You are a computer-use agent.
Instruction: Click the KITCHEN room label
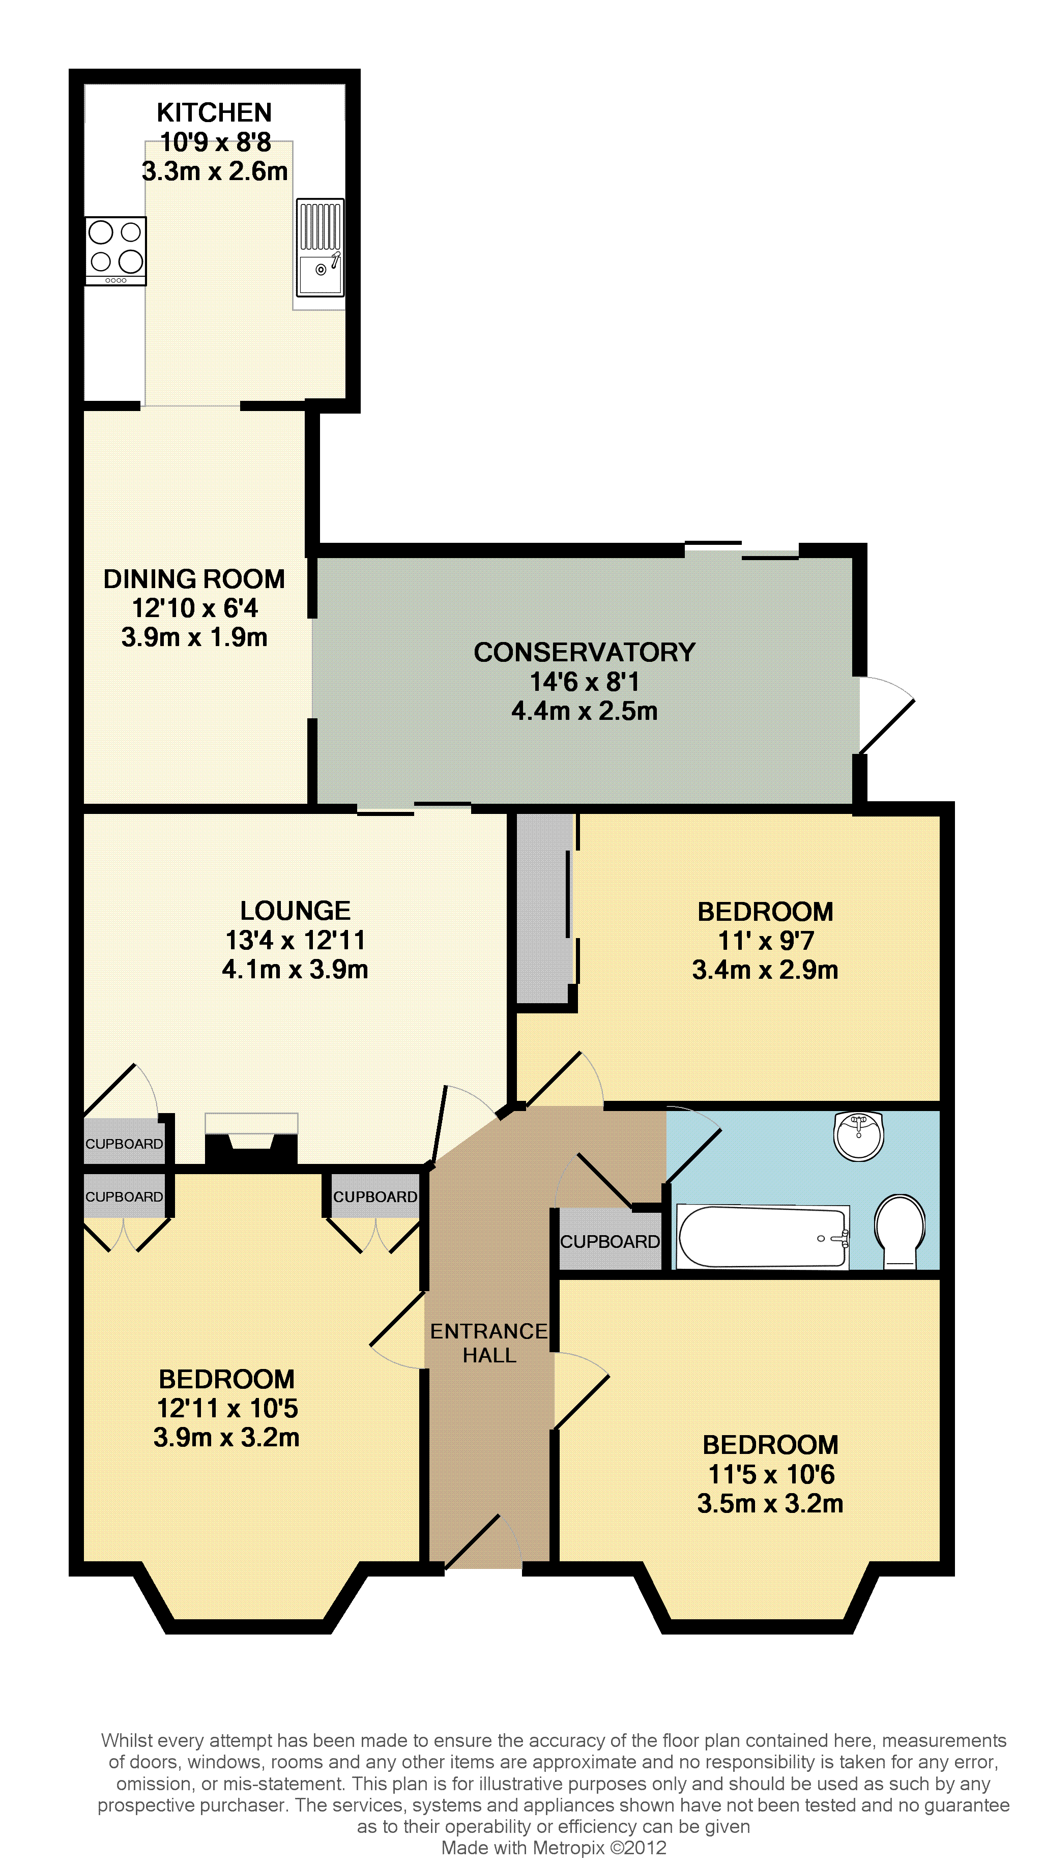pos(215,112)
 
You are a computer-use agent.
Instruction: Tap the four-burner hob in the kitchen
pos(116,251)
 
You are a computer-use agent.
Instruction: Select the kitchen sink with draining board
pos(320,247)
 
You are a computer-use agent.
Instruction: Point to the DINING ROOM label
pos(194,579)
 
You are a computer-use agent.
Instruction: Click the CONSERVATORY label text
pos(585,652)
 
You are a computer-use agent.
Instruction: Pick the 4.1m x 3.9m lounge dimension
pos(296,969)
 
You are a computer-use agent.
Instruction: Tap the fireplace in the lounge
pos(251,1139)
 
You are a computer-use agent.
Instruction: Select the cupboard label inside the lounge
pos(124,1144)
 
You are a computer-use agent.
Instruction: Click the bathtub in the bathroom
pos(763,1237)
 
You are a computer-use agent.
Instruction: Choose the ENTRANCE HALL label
pos(489,1343)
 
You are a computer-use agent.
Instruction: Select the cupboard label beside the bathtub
pos(610,1242)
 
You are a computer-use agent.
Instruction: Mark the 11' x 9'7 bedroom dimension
pos(766,940)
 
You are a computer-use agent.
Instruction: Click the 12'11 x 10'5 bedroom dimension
pos(227,1408)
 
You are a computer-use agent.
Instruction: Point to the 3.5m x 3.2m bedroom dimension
pos(770,1504)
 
